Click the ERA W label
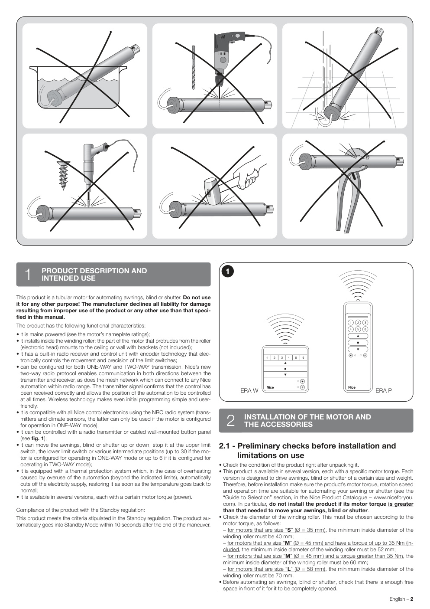[249, 391]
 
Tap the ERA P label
[384, 391]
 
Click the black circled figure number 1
[228, 272]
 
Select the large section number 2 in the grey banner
[230, 421]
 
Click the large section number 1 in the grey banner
[28, 274]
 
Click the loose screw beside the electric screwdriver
[64, 175]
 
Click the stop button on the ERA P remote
[358, 343]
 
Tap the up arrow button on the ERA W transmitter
[285, 363]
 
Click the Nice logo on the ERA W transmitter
[270, 387]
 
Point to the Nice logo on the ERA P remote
[352, 387]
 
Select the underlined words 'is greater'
[401, 504]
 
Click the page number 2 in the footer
[412, 599]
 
